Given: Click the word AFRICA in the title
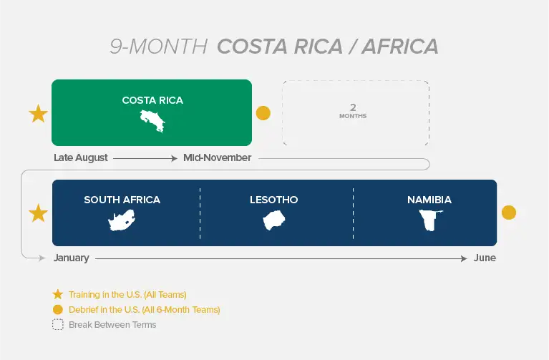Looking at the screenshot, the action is click(400, 47).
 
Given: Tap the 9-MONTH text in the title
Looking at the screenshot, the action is click(159, 47).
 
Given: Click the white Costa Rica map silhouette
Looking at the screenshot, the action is click(152, 121).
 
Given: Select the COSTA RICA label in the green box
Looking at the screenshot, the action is click(152, 100).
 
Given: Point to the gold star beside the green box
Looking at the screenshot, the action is click(38, 114).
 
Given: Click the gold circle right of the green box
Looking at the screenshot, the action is click(263, 113).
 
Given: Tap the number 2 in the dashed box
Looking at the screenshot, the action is click(353, 107).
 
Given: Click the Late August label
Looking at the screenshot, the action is click(81, 158).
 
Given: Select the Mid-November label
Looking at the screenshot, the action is click(218, 158).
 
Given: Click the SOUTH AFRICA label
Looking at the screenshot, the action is click(122, 200).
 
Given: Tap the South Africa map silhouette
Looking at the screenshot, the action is click(122, 220).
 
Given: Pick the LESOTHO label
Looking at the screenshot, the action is click(274, 200).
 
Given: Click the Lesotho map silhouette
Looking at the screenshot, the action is click(274, 220).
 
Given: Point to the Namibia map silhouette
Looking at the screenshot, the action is click(430, 220).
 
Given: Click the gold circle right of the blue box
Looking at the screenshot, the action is click(509, 213).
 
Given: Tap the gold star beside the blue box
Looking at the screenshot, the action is click(38, 213).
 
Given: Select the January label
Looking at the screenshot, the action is click(72, 258).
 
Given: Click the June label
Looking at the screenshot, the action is click(485, 258).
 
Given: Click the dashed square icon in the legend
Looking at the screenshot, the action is click(58, 325).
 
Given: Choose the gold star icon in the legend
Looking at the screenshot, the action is click(58, 295).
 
